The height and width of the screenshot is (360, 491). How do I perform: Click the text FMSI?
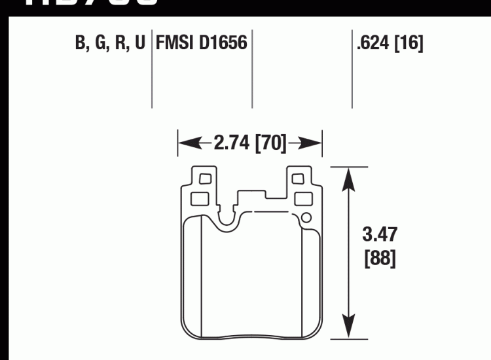pyautogui.click(x=175, y=45)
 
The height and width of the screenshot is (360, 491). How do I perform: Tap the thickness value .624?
pyautogui.click(x=373, y=45)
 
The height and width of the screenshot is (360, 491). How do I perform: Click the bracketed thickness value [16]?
pyautogui.click(x=409, y=45)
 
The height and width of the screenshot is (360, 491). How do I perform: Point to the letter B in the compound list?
pyautogui.click(x=81, y=45)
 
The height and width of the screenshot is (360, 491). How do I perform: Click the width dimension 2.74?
pyautogui.click(x=232, y=143)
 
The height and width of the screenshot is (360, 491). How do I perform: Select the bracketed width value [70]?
pyautogui.click(x=270, y=143)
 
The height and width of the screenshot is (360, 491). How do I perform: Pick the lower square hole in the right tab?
pyautogui.click(x=302, y=198)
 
